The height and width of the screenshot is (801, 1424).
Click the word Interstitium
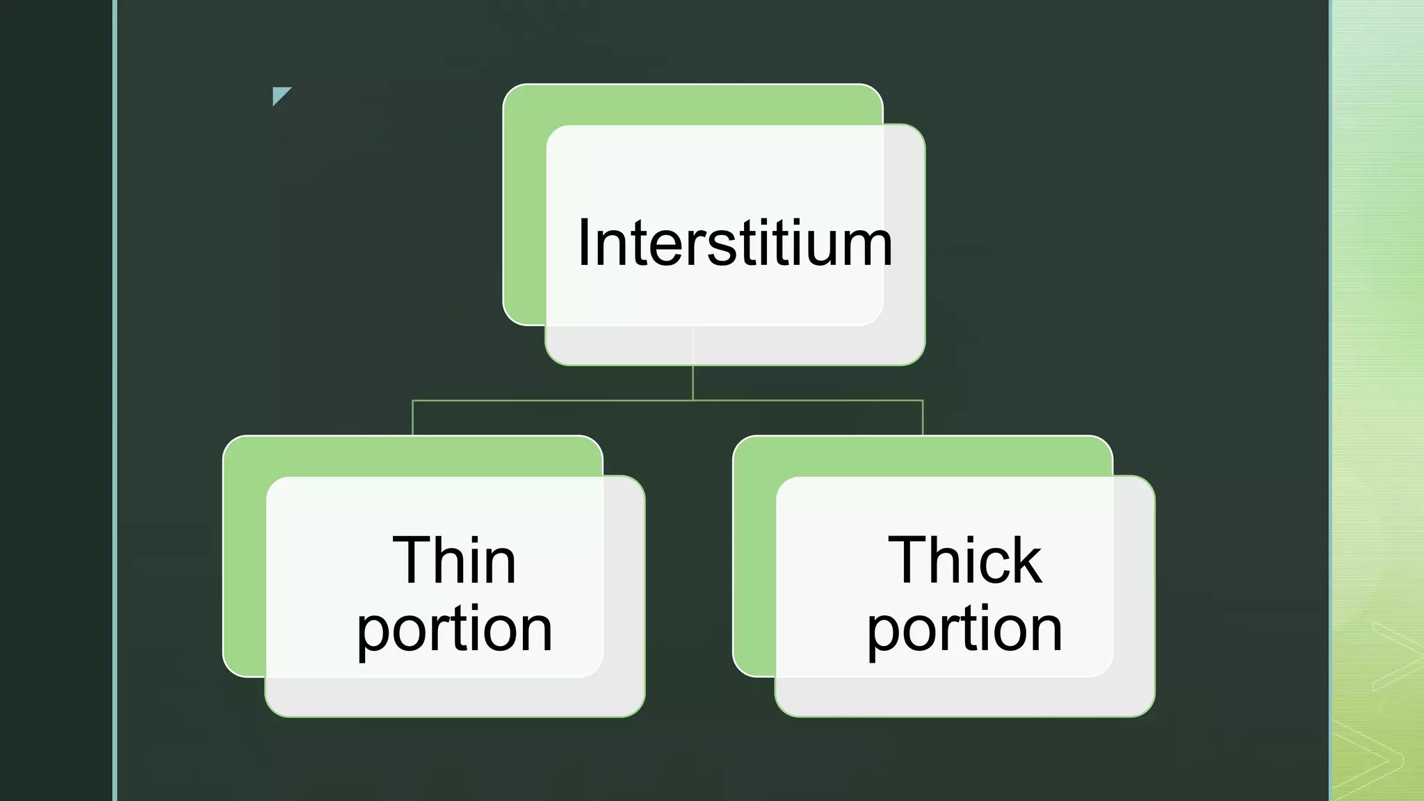point(735,242)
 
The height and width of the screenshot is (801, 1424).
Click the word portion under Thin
point(455,630)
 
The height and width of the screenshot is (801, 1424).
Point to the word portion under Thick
point(965,630)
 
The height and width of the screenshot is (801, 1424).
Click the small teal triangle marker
point(280,95)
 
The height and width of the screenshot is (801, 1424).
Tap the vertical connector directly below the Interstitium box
point(693,382)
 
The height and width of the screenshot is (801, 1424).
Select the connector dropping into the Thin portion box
point(413,418)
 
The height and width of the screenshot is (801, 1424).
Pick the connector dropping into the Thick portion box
point(923,418)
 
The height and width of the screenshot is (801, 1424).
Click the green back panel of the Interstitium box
point(524,209)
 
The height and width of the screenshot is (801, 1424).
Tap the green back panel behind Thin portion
point(244,556)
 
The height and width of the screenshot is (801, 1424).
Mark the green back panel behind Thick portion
point(754,556)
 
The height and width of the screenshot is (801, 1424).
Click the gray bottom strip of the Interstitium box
point(735,346)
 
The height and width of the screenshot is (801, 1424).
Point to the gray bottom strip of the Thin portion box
point(455,697)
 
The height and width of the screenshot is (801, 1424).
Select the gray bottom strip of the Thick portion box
point(965,697)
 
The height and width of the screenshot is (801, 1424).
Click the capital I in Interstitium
point(583,242)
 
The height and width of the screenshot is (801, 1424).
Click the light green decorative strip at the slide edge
point(1377,400)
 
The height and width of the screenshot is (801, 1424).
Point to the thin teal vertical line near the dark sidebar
point(115,400)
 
